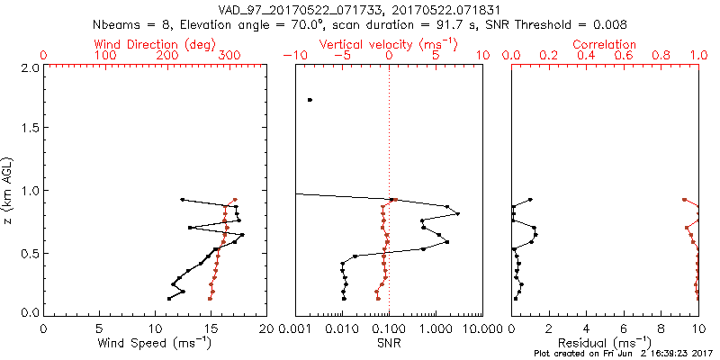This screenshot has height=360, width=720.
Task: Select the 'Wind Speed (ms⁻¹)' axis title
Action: pyautogui.click(x=156, y=343)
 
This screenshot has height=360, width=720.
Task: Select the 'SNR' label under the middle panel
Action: pyautogui.click(x=389, y=343)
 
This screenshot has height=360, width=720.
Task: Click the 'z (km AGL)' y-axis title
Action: pyautogui.click(x=10, y=190)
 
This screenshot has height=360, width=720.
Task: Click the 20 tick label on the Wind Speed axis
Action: pyautogui.click(x=266, y=328)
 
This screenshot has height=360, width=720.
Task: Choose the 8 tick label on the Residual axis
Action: pyautogui.click(x=661, y=328)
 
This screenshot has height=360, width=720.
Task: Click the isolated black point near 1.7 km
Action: pyautogui.click(x=310, y=100)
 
